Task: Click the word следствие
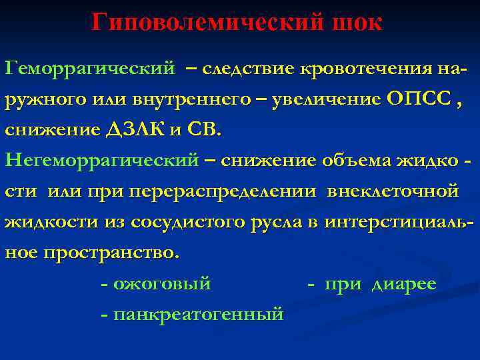tap(249, 68)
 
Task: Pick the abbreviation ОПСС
tap(414, 99)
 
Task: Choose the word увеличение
tap(326, 99)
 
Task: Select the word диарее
tap(403, 284)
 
